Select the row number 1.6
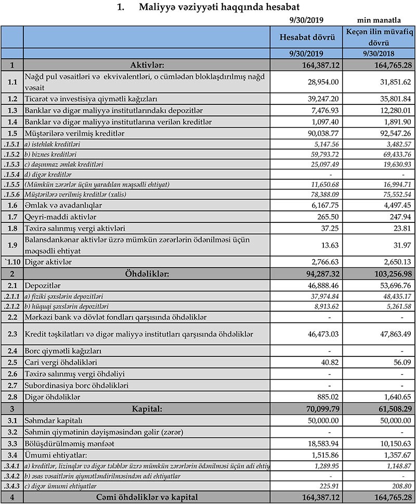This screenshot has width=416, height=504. (12, 206)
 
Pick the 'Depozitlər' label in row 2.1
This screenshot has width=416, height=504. (43, 285)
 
